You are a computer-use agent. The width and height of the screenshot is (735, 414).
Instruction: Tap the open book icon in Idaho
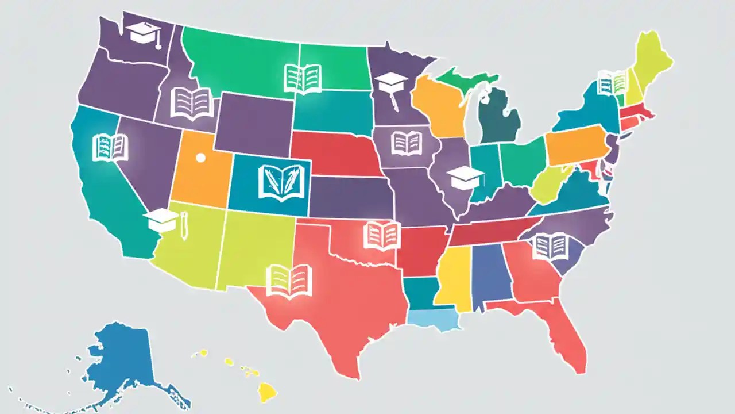click(x=192, y=103)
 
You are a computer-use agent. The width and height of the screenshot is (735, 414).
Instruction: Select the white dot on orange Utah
click(x=200, y=157)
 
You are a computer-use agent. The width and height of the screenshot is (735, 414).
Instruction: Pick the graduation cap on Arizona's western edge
click(x=161, y=219)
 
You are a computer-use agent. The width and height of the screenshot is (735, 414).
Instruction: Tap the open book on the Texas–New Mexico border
click(x=289, y=281)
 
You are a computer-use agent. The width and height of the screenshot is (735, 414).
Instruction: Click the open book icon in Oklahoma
click(x=381, y=235)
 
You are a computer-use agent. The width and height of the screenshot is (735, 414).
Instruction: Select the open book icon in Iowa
click(x=407, y=143)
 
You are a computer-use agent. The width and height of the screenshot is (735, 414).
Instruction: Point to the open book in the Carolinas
click(x=550, y=246)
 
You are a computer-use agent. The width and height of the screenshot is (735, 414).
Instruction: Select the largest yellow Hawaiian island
click(x=266, y=392)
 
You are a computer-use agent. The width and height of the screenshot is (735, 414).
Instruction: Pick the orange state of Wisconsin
click(x=439, y=106)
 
